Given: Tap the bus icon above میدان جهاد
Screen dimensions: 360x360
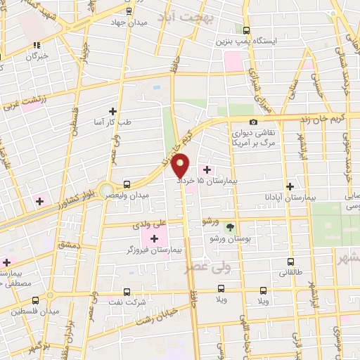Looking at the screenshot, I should pyautogui.click(x=128, y=11).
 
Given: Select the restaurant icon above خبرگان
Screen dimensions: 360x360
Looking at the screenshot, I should pyautogui.click(x=36, y=45).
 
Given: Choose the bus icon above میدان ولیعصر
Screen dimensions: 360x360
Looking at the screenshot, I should pyautogui.click(x=126, y=184).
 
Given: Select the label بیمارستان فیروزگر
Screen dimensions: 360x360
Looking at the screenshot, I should pyautogui.click(x=150, y=250).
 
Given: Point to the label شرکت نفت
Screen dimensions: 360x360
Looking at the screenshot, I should pyautogui.click(x=127, y=302).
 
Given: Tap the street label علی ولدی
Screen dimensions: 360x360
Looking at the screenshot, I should pyautogui.click(x=148, y=225).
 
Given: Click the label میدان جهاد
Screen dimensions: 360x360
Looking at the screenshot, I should pyautogui.click(x=127, y=22).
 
